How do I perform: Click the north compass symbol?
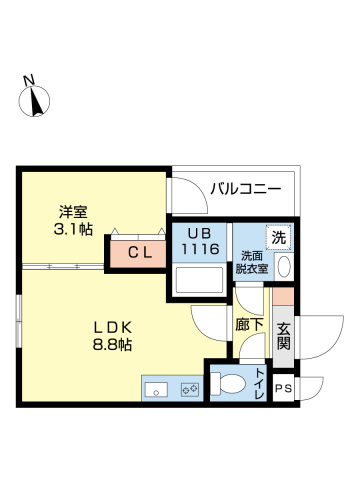[x=38, y=99]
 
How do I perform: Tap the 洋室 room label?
[x=73, y=211]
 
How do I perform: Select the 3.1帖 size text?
[x=73, y=229]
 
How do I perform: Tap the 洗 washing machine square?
[x=281, y=239]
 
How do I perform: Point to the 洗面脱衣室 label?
[x=251, y=262]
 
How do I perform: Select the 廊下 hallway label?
[x=250, y=325]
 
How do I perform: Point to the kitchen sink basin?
[x=157, y=389]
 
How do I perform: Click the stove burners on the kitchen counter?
[x=187, y=389]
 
